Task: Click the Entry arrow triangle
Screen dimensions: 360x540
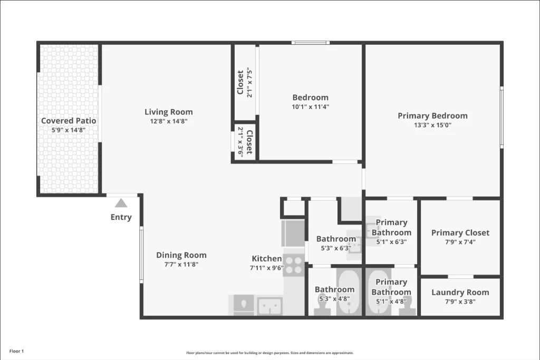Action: click(x=121, y=203)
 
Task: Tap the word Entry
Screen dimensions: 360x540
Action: click(x=121, y=217)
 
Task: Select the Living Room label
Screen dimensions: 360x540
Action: click(x=169, y=112)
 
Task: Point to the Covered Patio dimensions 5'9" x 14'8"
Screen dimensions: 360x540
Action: click(x=69, y=130)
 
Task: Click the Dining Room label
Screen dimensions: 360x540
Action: click(x=181, y=255)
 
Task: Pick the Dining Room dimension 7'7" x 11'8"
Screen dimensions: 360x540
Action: click(x=181, y=265)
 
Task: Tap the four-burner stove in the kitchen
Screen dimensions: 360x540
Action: click(x=294, y=264)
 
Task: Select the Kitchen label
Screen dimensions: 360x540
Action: click(x=267, y=258)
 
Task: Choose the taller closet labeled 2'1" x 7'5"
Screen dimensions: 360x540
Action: click(x=245, y=82)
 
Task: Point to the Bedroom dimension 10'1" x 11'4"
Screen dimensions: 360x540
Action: click(x=311, y=106)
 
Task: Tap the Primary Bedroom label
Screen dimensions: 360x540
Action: click(x=432, y=116)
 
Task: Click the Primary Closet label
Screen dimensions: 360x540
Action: click(x=460, y=232)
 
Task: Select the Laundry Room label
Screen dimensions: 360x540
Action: click(x=460, y=293)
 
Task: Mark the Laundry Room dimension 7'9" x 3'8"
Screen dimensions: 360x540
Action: click(x=460, y=302)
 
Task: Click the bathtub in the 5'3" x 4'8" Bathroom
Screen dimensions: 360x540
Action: click(x=348, y=293)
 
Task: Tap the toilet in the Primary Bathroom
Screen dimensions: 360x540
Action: click(x=408, y=307)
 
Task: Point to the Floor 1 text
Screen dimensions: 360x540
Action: click(x=17, y=351)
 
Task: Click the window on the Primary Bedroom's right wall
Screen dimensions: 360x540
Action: click(x=502, y=118)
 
